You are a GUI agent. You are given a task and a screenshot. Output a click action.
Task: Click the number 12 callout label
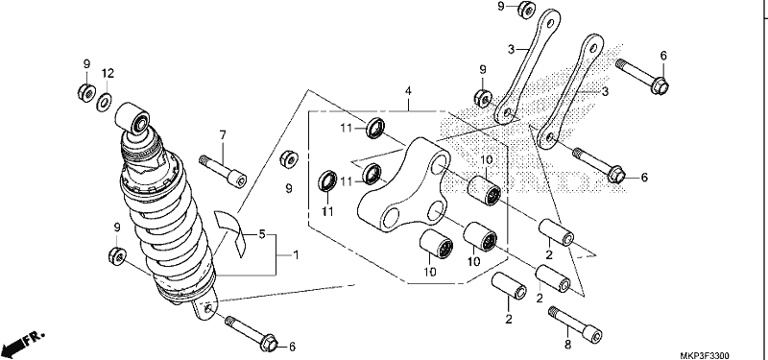pyautogui.click(x=108, y=74)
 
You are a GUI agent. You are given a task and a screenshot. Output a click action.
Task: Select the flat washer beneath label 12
pyautogui.click(x=104, y=102)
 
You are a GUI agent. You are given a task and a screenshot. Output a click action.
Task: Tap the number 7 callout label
pyautogui.click(x=223, y=134)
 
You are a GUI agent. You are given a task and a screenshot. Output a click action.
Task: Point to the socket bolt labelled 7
pyautogui.click(x=223, y=171)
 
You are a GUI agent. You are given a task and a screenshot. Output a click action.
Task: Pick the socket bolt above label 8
pyautogui.click(x=576, y=324)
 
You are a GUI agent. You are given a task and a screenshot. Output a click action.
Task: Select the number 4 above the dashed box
pyautogui.click(x=408, y=91)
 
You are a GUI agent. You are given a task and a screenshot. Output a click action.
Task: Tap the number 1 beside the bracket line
pyautogui.click(x=296, y=254)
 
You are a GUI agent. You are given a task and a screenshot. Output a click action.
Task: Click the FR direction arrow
pyautogui.click(x=22, y=344)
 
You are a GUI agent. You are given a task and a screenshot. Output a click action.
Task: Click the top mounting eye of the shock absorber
pyautogui.click(x=133, y=118)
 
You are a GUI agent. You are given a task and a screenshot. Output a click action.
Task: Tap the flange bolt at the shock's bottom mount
pyautogui.click(x=252, y=333)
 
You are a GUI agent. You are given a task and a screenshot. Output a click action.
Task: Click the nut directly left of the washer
pyautogui.click(x=86, y=92)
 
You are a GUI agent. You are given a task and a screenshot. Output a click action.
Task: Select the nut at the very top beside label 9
pyautogui.click(x=526, y=9)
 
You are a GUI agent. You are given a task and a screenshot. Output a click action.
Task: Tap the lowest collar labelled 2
pyautogui.click(x=509, y=286)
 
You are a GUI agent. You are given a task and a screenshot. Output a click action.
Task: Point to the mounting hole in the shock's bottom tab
pyautogui.click(x=208, y=308)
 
